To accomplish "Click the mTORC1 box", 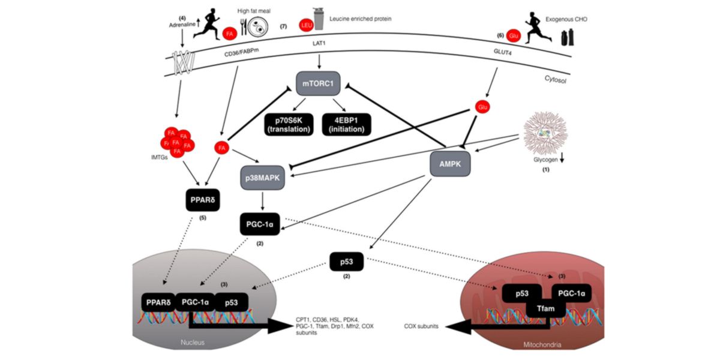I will [319, 83].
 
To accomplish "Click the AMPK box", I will [449, 163].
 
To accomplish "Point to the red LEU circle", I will [305, 25].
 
